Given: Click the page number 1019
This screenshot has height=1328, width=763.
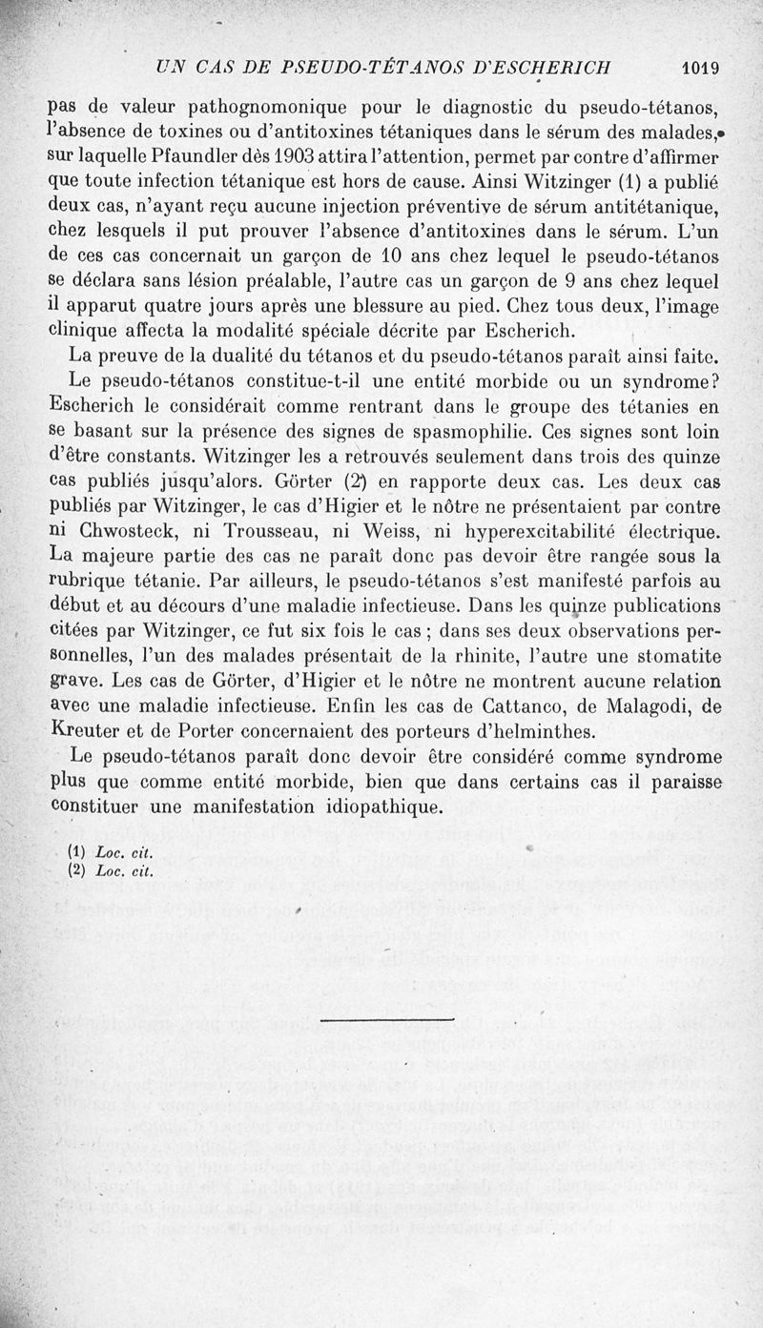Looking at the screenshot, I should click(x=700, y=68).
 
